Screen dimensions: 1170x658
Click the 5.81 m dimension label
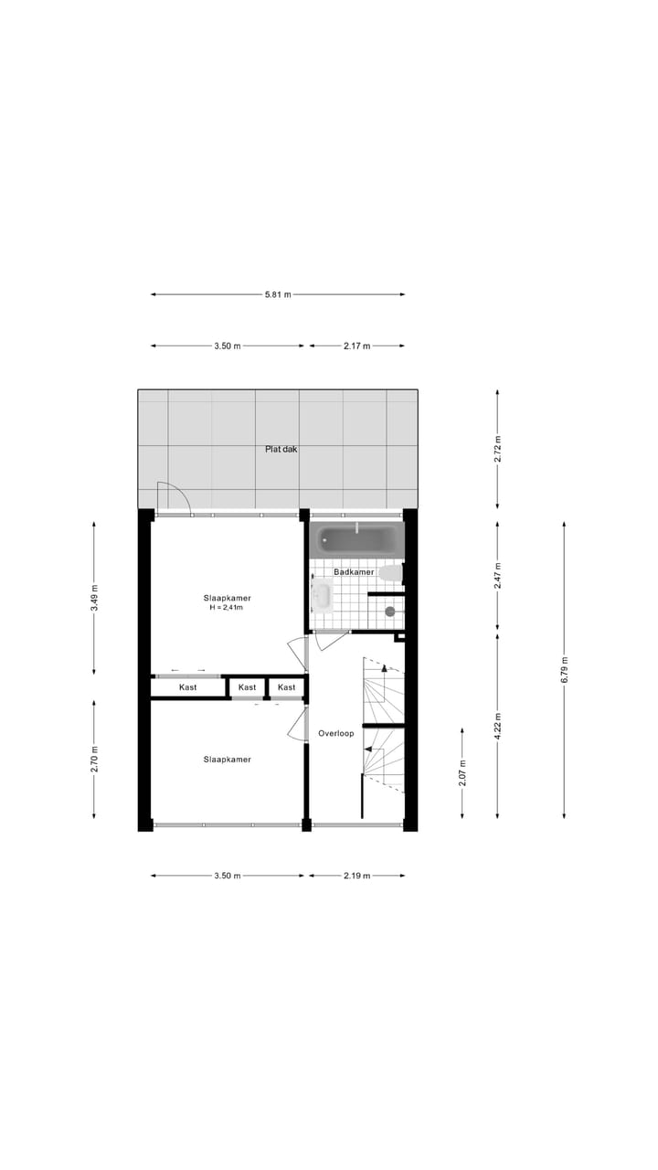278,294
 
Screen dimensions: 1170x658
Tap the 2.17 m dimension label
357,346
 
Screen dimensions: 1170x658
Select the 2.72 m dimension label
497,449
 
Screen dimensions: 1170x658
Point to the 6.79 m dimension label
564,669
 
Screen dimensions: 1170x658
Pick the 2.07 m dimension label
462,773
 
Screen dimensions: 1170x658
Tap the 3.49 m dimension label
94,597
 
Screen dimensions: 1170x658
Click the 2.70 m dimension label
94,760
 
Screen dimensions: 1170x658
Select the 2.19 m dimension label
357,876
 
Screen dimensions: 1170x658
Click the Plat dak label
281,449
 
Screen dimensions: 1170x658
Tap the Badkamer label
354,572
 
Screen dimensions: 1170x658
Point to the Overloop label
335,733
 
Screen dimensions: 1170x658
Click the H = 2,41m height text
227,607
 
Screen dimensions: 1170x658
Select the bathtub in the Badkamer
357,539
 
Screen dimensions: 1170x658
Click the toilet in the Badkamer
391,573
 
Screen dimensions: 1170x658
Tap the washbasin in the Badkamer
321,597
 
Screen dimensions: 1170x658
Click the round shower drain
390,612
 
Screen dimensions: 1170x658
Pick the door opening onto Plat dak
172,500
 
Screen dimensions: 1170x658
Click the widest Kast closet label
188,687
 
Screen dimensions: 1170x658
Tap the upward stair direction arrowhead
385,668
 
